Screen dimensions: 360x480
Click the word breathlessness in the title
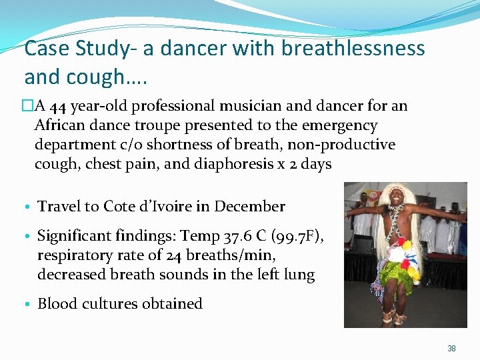click(353, 49)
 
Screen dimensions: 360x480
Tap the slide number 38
click(452, 349)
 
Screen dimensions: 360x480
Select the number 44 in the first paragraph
click(57, 106)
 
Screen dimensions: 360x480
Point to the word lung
click(299, 274)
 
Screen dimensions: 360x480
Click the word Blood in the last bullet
click(57, 303)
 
